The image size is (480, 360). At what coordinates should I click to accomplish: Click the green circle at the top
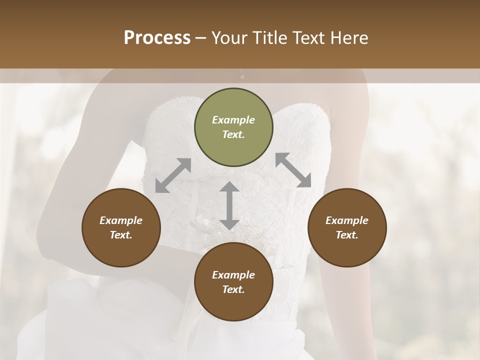coord(233,127)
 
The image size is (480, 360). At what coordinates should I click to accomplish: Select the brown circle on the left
coord(121,227)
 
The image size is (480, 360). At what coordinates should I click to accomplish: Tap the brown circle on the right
coord(347,227)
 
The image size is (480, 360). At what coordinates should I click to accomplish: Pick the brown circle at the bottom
coord(233,282)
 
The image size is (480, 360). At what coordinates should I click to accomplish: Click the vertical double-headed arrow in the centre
coord(229,205)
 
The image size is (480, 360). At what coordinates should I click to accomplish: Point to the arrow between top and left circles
coord(173,175)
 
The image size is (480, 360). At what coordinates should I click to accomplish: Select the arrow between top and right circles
coord(293,170)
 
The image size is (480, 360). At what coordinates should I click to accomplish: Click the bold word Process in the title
coord(157,38)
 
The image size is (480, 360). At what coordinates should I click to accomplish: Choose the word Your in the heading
coord(228,38)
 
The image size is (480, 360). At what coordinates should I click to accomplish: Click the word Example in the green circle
coord(233,120)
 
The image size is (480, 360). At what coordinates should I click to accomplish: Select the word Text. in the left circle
coord(121,235)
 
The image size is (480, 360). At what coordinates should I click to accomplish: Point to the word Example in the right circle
coord(347,220)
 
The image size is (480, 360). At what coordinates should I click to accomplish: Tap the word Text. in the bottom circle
coord(233,289)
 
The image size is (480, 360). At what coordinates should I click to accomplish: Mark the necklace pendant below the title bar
coord(242,75)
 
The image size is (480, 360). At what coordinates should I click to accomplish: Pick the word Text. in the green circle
coord(233,134)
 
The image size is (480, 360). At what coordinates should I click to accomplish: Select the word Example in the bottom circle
coord(233,275)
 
